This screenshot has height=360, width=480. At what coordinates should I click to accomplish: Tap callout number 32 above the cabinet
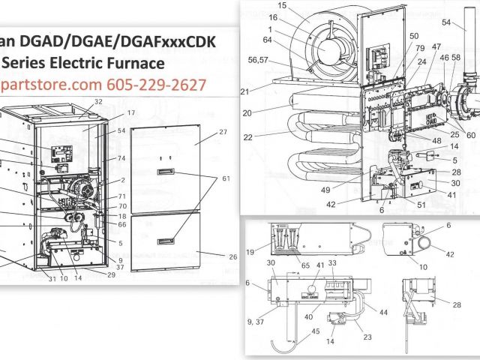point(98,101)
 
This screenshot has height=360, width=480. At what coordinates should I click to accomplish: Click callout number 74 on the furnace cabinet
point(121,158)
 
